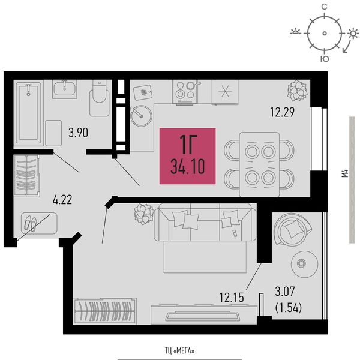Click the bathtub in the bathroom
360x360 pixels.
click(28, 113)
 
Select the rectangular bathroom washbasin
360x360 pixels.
click(64, 89)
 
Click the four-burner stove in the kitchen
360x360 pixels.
click(185, 92)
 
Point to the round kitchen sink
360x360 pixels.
click(141, 116)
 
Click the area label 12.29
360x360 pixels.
click(282, 112)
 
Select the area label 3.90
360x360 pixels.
click(78, 133)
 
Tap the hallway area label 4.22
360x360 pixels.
click(62, 200)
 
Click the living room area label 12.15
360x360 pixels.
click(232, 298)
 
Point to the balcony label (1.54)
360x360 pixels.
click(289, 308)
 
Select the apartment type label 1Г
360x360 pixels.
click(188, 144)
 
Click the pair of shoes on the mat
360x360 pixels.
click(31, 223)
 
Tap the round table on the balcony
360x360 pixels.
click(305, 264)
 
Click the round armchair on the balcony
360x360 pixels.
click(293, 229)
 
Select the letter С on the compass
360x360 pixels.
click(324, 7)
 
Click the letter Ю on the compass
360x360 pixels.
click(325, 59)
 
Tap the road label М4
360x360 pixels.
click(345, 173)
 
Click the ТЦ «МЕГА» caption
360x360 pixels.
click(180, 350)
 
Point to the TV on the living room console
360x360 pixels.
click(203, 316)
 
